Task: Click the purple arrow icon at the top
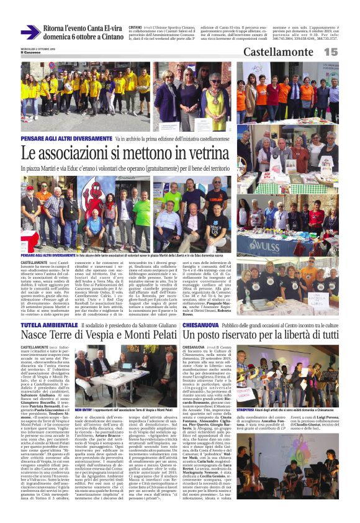point(30,32)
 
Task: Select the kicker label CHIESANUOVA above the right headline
point(202,325)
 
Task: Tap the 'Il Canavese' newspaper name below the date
point(30,52)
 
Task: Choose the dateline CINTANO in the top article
point(135,27)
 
